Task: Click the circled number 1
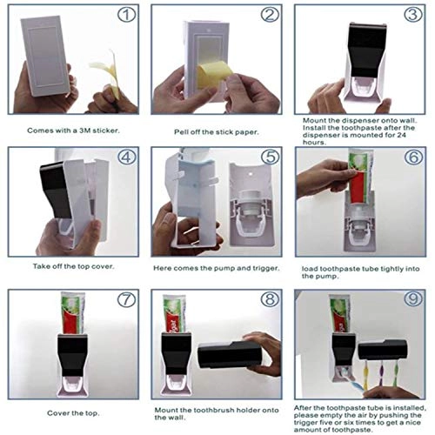pos(126,15)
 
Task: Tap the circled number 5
pos(270,157)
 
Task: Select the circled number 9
pos(413,298)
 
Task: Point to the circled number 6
pos(414,157)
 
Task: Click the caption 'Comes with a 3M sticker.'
pos(73,130)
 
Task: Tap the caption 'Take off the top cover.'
pos(73,266)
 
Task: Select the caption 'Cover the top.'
pos(73,413)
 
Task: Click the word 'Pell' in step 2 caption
pos(181,132)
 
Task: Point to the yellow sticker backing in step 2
pos(214,76)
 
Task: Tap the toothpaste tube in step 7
pos(72,313)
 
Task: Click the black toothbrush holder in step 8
pos(230,354)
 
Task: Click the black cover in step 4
pos(57,189)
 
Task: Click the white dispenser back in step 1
pos(46,55)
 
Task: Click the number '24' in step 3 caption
pos(401,135)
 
